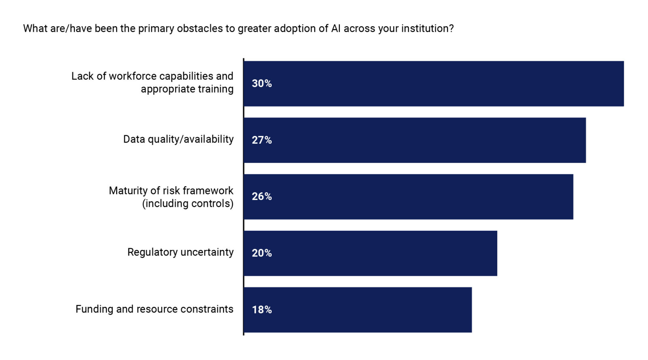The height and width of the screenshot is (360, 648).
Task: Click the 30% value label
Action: coord(262,83)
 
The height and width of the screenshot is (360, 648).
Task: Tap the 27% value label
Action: coord(262,140)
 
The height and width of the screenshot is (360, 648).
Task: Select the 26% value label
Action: coord(262,196)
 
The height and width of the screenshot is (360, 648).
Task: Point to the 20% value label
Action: coord(262,253)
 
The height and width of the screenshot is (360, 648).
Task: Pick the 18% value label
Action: coord(262,310)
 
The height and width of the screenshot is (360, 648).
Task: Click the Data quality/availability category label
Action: coord(178,139)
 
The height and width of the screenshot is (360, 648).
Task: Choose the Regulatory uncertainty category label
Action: coord(180,252)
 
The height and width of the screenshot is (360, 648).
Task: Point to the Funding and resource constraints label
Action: coord(154,309)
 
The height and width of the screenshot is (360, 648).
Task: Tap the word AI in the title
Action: coord(336,29)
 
